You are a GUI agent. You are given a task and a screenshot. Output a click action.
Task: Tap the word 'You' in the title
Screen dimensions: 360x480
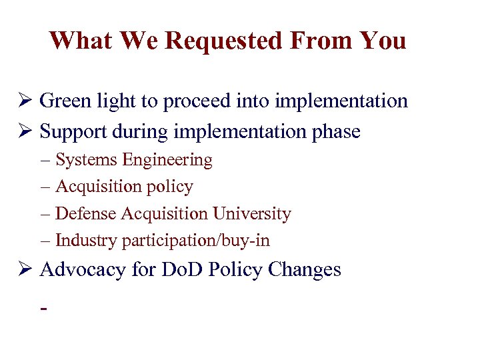point(382,41)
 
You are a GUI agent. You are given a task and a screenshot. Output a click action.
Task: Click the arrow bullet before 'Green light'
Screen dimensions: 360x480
point(26,101)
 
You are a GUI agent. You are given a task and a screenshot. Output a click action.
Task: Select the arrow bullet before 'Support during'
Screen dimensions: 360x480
point(26,132)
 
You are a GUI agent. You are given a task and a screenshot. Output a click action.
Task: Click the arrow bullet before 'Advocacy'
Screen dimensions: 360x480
point(26,270)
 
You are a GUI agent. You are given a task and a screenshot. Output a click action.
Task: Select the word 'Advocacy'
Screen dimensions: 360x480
point(81,270)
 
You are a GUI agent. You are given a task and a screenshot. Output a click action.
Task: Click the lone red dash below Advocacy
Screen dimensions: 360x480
point(44,310)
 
